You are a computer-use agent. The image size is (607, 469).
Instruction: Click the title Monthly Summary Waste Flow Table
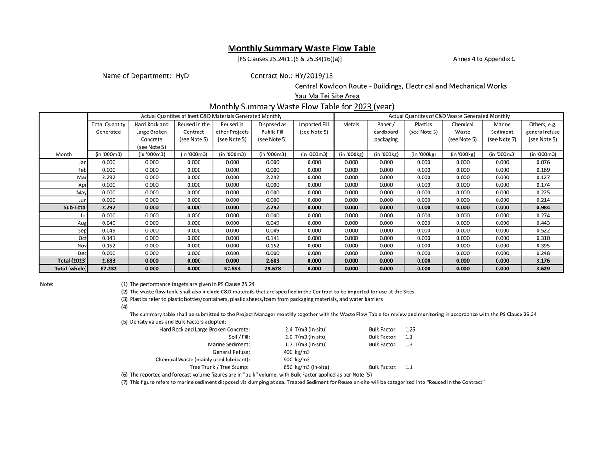[x=301, y=48]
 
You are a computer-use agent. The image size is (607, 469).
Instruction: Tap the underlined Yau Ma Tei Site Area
[x=327, y=96]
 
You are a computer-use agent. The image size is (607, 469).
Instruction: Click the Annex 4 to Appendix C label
[x=484, y=59]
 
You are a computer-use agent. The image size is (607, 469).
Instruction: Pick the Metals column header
[x=351, y=124]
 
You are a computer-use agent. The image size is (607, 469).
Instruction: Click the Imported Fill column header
[x=314, y=124]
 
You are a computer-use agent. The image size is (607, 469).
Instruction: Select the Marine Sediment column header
[x=502, y=132]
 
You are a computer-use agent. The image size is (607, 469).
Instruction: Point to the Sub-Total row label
[x=75, y=207]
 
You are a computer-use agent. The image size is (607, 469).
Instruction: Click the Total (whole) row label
[x=70, y=269]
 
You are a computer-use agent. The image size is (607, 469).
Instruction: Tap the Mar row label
[x=82, y=177]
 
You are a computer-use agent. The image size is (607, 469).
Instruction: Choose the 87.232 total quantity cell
[x=109, y=269]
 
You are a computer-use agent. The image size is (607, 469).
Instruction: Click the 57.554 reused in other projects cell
[x=232, y=269]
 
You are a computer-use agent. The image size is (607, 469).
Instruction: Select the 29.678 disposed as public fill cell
[x=272, y=269]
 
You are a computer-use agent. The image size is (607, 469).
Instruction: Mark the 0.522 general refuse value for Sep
[x=543, y=230]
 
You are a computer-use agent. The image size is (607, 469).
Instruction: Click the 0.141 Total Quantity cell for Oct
[x=109, y=238]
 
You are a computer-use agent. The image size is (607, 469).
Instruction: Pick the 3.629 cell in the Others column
[x=543, y=269]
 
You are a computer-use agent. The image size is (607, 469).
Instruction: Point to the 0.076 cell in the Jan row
[x=543, y=162]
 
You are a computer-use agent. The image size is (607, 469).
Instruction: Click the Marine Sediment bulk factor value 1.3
[x=409, y=344]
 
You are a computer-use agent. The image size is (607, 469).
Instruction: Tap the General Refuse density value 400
[x=288, y=352]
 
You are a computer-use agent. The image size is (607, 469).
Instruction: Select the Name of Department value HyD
[x=182, y=76]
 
